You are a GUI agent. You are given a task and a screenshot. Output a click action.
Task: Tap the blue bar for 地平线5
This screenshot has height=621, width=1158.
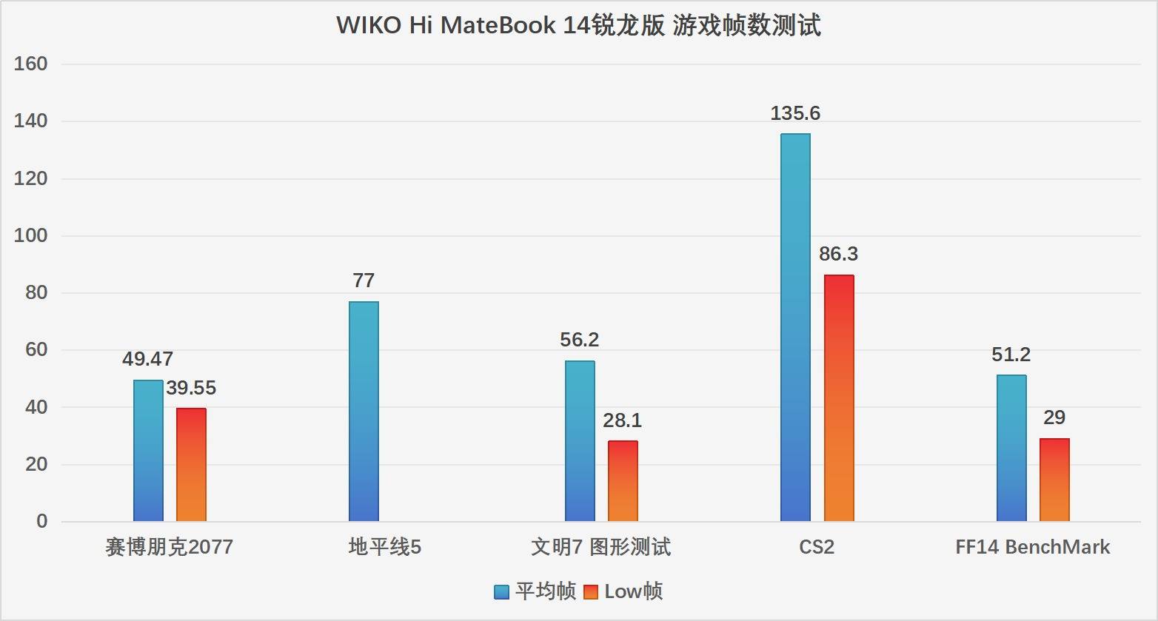[364, 411]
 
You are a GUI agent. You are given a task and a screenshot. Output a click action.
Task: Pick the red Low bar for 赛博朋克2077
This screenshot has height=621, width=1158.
[191, 465]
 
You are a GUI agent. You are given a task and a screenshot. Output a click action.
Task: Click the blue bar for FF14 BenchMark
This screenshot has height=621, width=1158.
[1011, 448]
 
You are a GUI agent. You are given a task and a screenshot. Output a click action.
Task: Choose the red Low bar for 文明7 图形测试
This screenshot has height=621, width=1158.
[623, 481]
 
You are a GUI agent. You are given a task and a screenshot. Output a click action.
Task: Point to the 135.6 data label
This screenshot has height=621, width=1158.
[795, 113]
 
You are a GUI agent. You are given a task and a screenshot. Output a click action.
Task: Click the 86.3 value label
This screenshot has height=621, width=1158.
[838, 254]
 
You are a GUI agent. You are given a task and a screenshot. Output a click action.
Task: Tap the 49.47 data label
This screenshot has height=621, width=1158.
[147, 359]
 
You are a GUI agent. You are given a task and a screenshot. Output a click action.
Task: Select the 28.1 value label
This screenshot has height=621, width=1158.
[622, 420]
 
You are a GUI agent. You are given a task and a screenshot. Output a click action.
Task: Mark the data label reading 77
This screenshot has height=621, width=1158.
[364, 281]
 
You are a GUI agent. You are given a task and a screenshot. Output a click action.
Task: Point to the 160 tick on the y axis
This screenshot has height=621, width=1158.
[30, 64]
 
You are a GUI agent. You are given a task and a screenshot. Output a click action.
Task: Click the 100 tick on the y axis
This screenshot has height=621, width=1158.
[30, 236]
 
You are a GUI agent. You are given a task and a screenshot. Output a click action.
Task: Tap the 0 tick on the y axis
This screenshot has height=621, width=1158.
[41, 521]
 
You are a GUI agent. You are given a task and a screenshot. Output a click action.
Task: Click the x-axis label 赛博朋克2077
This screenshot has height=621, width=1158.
[169, 547]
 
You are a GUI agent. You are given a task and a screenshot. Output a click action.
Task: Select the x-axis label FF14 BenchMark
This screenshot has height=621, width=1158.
[1032, 547]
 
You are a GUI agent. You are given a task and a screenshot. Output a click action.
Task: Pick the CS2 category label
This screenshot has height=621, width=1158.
[817, 547]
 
